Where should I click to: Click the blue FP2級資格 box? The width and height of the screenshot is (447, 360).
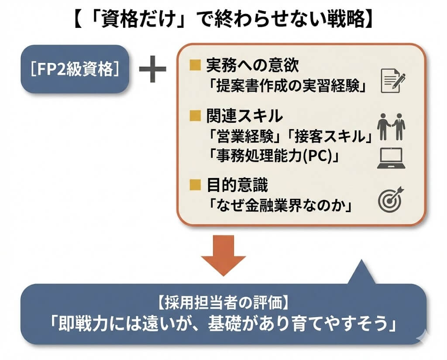coord(76,69)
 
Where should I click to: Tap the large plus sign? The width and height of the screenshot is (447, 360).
coord(152,70)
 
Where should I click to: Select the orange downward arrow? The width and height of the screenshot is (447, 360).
coord(223,255)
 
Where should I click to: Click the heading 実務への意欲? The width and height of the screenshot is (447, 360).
coord(252,66)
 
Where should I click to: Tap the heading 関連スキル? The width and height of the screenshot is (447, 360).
coord(244,116)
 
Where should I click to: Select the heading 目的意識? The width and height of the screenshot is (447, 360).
coord(237,185)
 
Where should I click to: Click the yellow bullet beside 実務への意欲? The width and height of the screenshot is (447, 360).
coord(194,66)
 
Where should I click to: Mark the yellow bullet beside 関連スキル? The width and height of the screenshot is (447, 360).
coord(194,116)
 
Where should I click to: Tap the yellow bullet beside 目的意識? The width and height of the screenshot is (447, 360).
coord(194,185)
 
